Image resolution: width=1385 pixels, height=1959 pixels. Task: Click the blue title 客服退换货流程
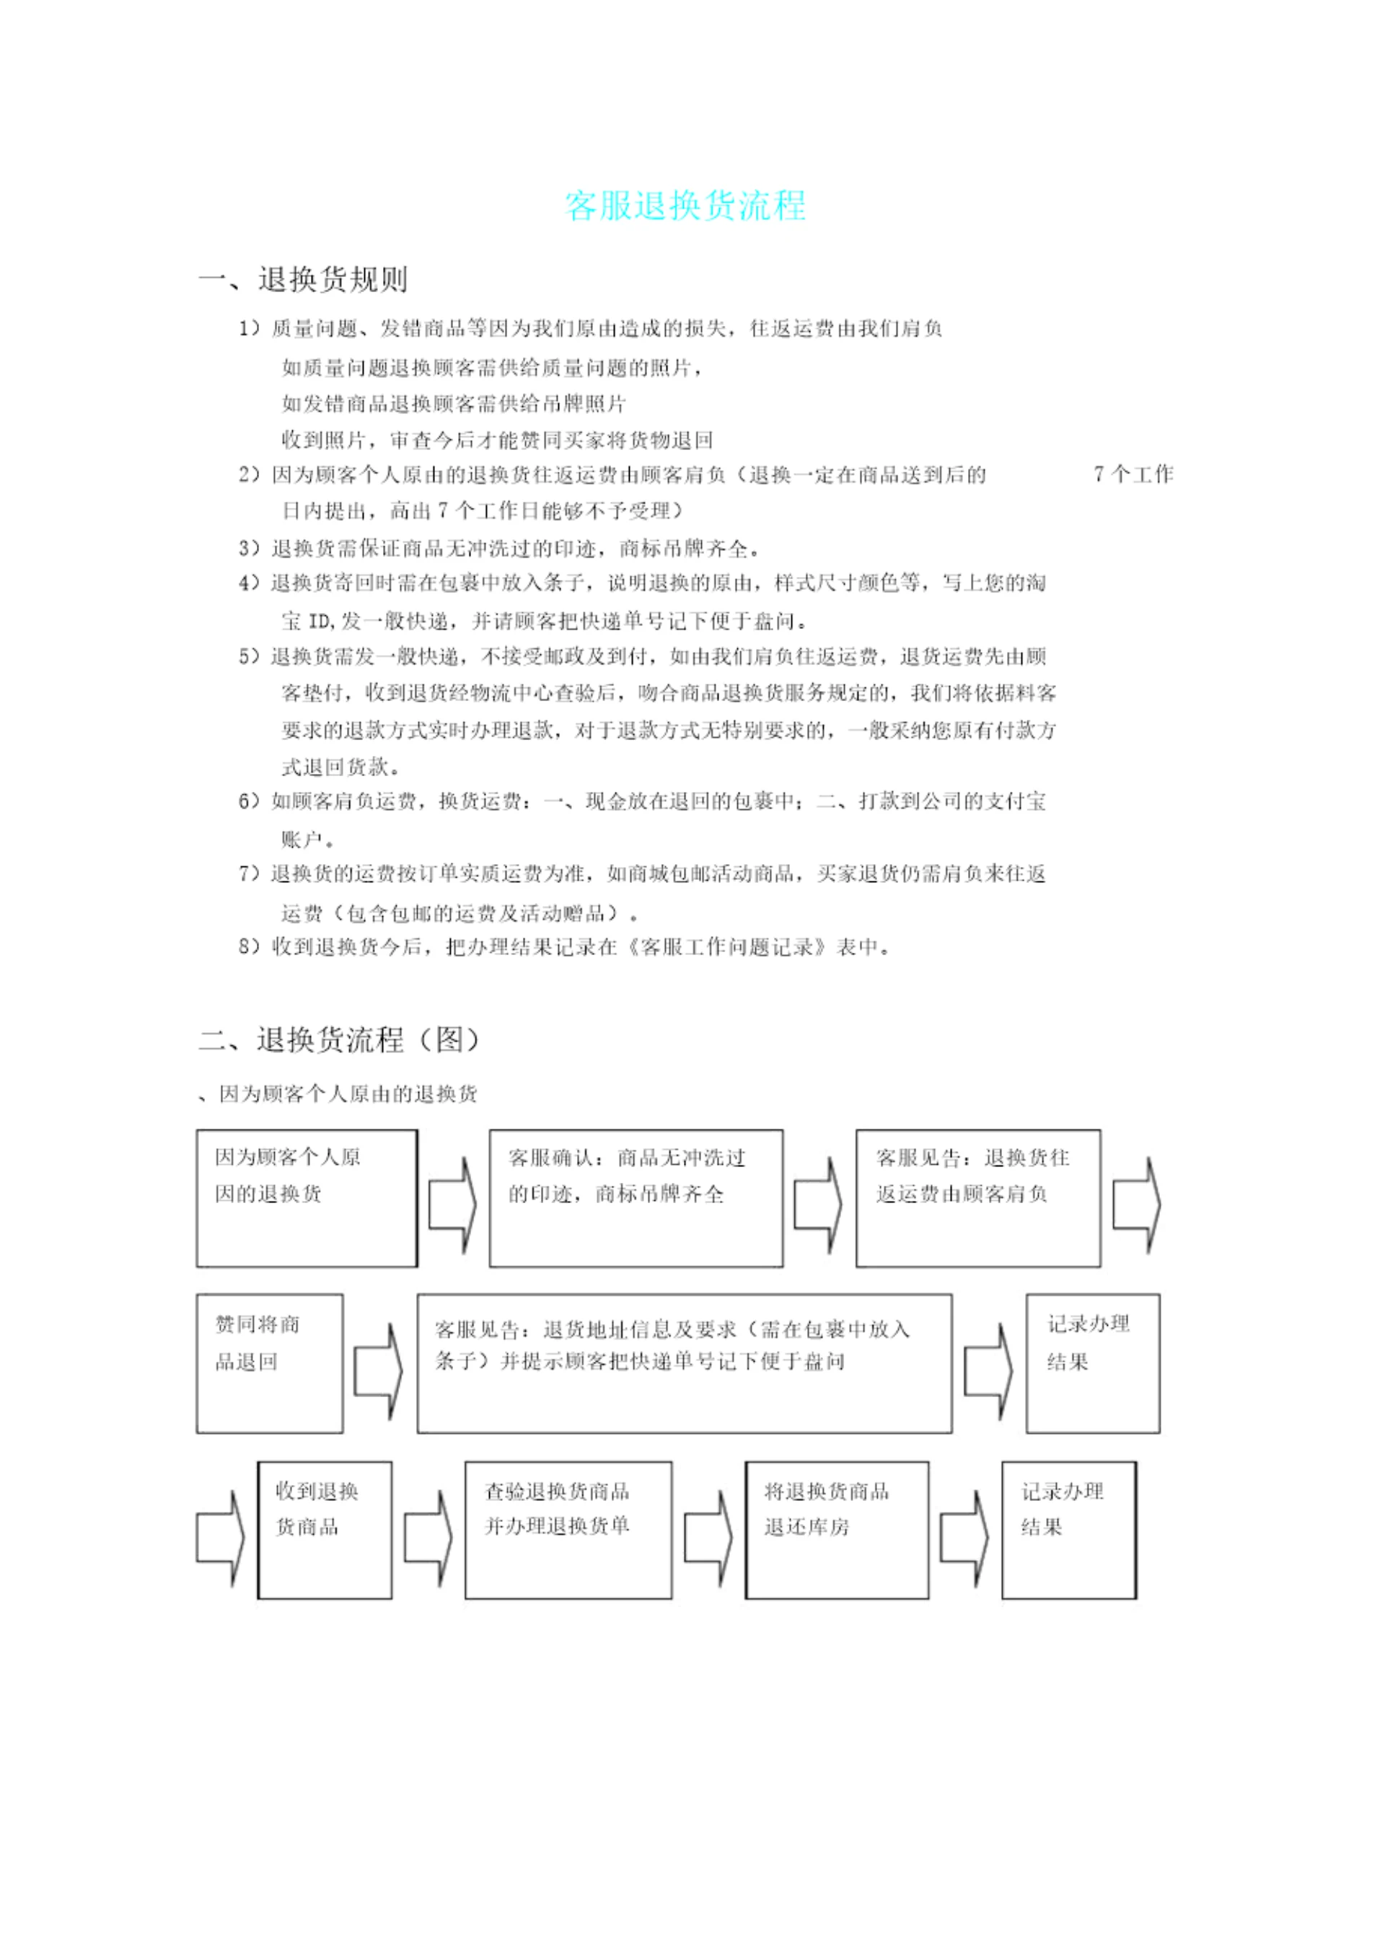(685, 206)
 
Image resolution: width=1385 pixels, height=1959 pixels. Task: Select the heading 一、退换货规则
(303, 279)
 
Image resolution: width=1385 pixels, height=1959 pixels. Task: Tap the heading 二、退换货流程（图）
(339, 1039)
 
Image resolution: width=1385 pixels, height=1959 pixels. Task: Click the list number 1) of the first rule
(249, 328)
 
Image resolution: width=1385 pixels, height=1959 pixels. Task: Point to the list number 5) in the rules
(249, 656)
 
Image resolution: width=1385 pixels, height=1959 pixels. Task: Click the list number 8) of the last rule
(249, 947)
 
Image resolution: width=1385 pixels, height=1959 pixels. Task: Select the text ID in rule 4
(318, 621)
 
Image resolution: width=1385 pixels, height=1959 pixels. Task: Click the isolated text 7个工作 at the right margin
(1133, 475)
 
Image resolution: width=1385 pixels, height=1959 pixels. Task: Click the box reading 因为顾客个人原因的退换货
(307, 1198)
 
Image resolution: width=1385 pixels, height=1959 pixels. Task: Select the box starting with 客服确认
(636, 1198)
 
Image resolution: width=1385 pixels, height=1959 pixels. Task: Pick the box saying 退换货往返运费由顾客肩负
(978, 1198)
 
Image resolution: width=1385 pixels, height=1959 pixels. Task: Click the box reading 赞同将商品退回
(270, 1363)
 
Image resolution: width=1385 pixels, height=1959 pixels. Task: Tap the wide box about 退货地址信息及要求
(685, 1363)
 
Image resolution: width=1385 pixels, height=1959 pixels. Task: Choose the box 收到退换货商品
(325, 1530)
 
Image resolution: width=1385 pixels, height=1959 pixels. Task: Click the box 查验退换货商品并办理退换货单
(568, 1530)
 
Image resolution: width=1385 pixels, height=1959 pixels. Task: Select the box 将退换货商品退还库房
(836, 1530)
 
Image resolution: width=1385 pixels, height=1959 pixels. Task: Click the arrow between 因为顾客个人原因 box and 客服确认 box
(452, 1205)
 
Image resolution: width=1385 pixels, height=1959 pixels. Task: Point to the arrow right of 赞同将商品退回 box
(378, 1371)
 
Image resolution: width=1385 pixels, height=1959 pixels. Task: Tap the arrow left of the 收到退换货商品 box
(220, 1538)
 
